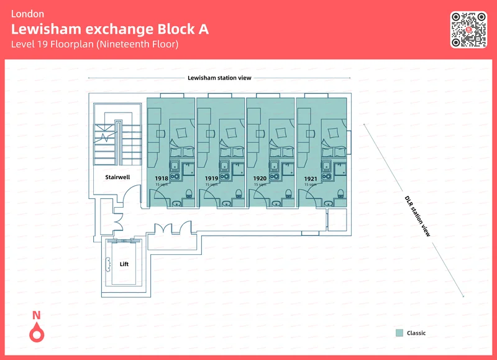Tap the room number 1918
(x=162, y=179)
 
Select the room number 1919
(x=211, y=179)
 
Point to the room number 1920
(x=260, y=179)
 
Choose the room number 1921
(x=311, y=179)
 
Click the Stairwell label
(x=117, y=177)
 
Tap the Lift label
(x=124, y=264)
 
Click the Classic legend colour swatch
(x=399, y=333)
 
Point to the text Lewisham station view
(x=219, y=78)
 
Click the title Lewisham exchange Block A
(x=110, y=29)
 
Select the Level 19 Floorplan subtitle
(x=94, y=44)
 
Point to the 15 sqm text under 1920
(x=260, y=185)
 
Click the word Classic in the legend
(x=416, y=333)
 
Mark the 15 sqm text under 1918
(x=162, y=185)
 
